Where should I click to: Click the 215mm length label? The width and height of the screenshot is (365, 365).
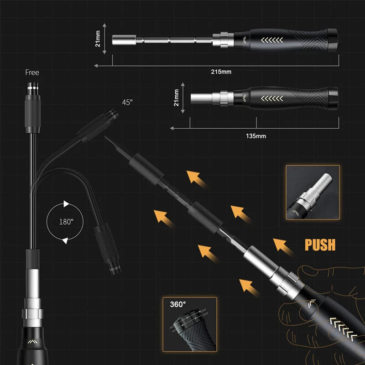pyautogui.click(x=221, y=72)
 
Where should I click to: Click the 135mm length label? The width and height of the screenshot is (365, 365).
pyautogui.click(x=256, y=136)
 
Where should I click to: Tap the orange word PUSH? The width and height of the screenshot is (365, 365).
pyautogui.click(x=320, y=245)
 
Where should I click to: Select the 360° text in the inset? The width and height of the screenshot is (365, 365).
pyautogui.click(x=178, y=304)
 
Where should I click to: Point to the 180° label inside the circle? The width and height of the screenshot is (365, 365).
pyautogui.click(x=66, y=222)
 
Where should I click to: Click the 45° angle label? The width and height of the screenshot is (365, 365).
pyautogui.click(x=127, y=102)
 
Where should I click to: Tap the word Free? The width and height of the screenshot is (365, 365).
pyautogui.click(x=32, y=73)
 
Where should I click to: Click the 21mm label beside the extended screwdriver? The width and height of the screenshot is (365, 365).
pyautogui.click(x=98, y=39)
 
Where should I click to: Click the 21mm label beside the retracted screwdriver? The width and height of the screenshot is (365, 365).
pyautogui.click(x=177, y=98)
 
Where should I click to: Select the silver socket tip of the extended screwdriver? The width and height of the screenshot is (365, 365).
pyautogui.click(x=124, y=40)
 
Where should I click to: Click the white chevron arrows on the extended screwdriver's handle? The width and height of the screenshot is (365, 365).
pyautogui.click(x=272, y=40)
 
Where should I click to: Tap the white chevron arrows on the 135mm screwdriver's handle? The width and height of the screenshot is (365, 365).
pyautogui.click(x=272, y=99)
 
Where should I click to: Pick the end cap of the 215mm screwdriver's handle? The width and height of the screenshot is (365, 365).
pyautogui.click(x=333, y=40)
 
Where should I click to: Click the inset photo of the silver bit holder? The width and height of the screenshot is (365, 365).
pyautogui.click(x=313, y=192)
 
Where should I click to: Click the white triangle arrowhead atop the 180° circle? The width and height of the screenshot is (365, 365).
pyautogui.click(x=66, y=204)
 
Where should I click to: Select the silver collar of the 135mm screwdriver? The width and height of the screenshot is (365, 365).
pyautogui.click(x=224, y=98)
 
